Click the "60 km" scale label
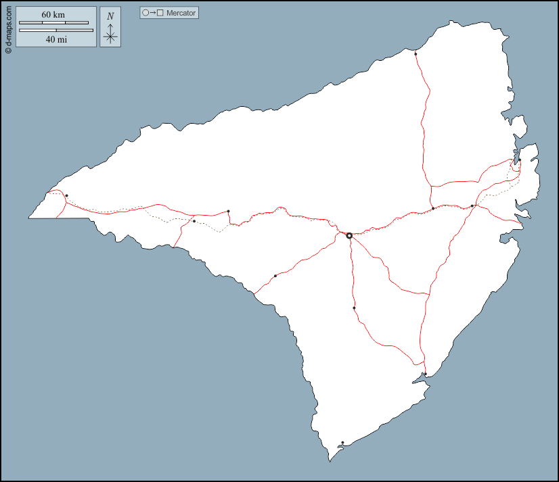coord(53,15)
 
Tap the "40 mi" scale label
coord(56,39)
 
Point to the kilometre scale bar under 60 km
coord(53,23)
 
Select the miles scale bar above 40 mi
coord(56,30)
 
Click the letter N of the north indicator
coord(110,16)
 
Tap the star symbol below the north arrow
coord(110,37)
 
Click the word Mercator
coord(181,13)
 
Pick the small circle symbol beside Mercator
coord(146,13)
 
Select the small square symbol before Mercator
coord(160,13)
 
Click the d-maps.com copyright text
coord(8,28)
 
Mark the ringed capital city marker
coord(349,236)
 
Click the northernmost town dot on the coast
coord(416,53)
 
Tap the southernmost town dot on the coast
coord(342,443)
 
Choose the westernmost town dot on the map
coord(66,196)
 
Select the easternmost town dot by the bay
coord(520,160)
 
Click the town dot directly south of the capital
coord(354,308)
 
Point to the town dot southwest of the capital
coord(275,276)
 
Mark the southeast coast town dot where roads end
coord(425,374)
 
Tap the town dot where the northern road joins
coord(433,208)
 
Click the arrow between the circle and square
coord(153,13)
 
